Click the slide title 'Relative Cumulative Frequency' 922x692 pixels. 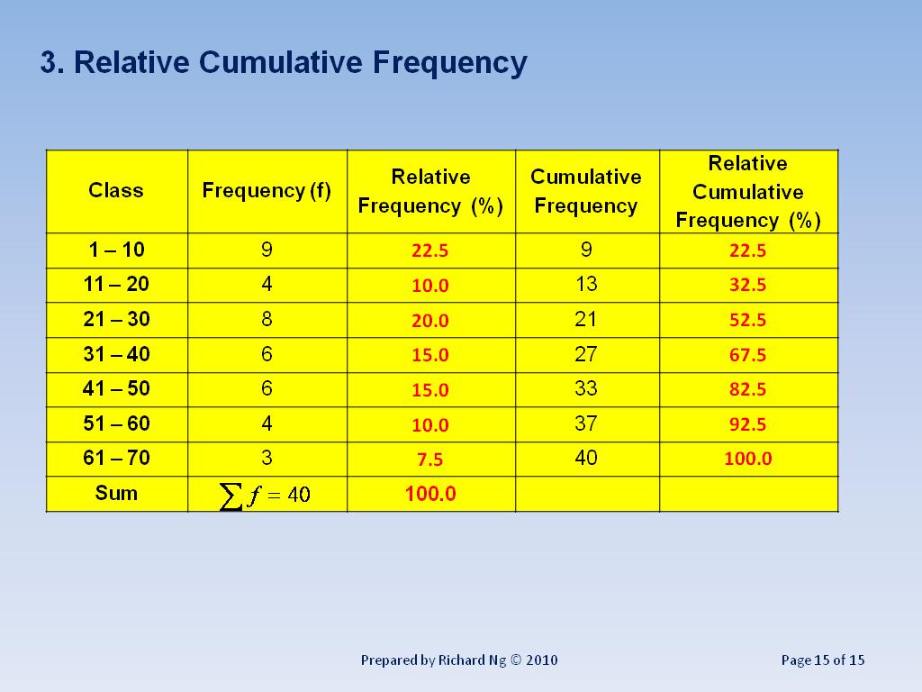point(283,63)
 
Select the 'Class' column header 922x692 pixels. point(116,190)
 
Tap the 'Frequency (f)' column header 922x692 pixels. point(267,190)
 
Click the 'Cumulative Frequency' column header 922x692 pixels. point(586,191)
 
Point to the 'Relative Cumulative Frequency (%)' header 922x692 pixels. point(748,191)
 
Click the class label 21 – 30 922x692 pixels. point(116,319)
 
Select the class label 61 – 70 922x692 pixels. point(116,458)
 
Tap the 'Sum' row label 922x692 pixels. point(116,493)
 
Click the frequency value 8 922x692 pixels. point(267,319)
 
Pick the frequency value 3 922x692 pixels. point(267,458)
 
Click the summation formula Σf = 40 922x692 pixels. point(266,495)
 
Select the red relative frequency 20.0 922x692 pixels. point(430,321)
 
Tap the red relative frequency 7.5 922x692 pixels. point(430,460)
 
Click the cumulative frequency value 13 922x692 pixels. point(586,285)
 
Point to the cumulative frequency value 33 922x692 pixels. point(586,388)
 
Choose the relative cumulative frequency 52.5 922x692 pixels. point(748,320)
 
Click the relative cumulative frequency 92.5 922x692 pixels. point(748,424)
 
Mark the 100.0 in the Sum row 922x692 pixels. point(430,494)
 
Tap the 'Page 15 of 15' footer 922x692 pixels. point(823,660)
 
